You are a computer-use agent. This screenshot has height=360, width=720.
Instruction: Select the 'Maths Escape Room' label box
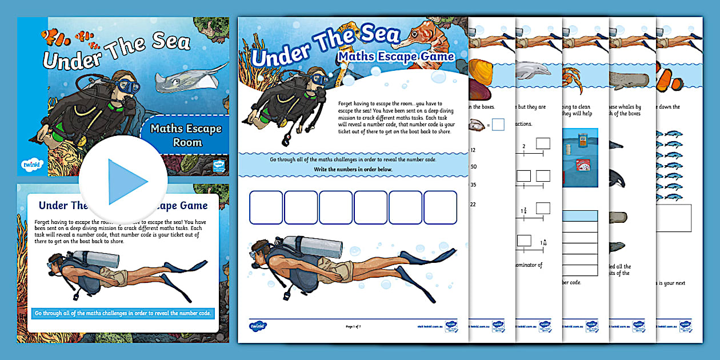(x=185, y=135)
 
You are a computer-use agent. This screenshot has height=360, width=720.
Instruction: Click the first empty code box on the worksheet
(x=266, y=207)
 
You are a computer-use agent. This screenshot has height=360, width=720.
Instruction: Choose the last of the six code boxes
(x=440, y=207)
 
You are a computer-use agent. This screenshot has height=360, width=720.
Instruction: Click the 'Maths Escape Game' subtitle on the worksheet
(x=395, y=56)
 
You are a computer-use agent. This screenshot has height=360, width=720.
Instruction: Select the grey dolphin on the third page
(x=533, y=70)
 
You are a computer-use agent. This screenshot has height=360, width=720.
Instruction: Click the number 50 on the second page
(x=473, y=166)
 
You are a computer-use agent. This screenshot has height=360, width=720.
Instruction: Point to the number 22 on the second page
(x=473, y=204)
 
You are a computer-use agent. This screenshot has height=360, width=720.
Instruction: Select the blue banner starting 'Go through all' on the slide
(x=123, y=313)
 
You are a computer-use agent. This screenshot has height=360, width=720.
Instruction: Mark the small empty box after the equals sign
(x=498, y=124)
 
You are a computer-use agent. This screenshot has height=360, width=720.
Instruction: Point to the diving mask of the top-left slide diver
(x=130, y=86)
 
